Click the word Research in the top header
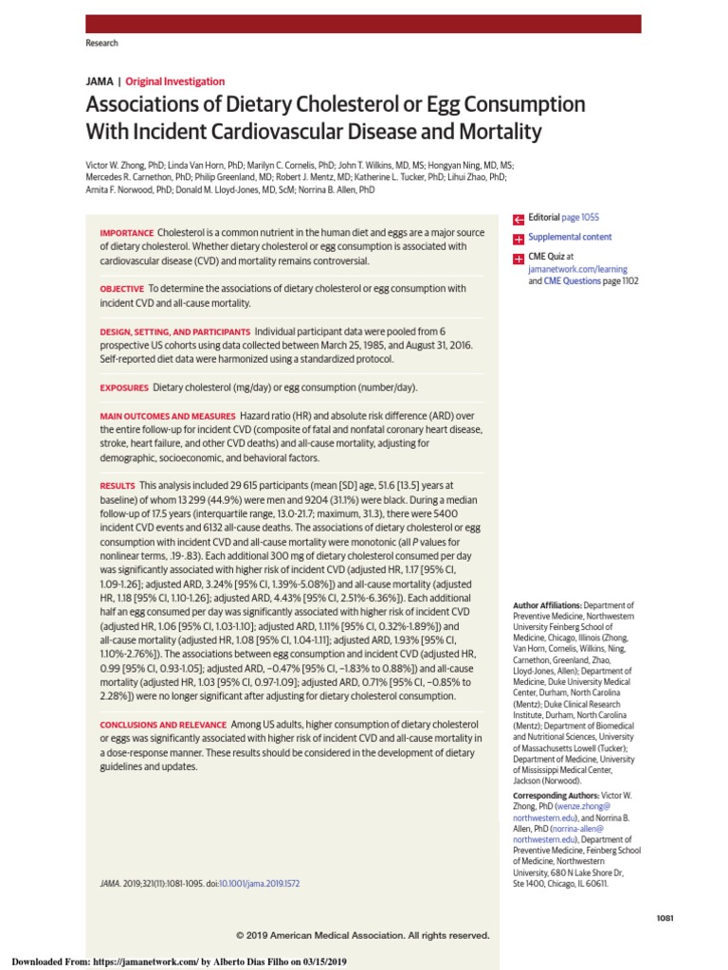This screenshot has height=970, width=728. [x=102, y=44]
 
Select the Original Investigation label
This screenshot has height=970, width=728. [x=175, y=81]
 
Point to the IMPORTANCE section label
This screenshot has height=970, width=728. [x=127, y=233]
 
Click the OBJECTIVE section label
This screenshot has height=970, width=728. [x=122, y=288]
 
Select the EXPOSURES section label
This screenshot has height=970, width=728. [x=124, y=387]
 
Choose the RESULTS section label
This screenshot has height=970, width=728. [x=118, y=485]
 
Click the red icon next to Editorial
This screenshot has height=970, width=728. [x=519, y=218]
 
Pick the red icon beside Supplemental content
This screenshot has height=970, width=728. [x=519, y=238]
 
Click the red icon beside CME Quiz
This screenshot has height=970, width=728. [x=519, y=258]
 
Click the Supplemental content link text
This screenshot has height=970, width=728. [x=570, y=237]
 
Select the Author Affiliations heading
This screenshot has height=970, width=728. [x=547, y=604]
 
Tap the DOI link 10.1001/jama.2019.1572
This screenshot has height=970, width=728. [x=259, y=883]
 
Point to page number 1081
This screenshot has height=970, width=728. [x=664, y=919]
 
